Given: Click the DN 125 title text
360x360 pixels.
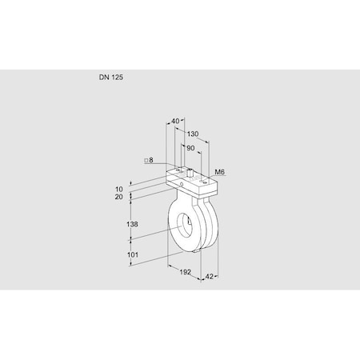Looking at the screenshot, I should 110,79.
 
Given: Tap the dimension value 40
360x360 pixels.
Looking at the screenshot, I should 175,122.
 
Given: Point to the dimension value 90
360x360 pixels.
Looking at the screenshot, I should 190,149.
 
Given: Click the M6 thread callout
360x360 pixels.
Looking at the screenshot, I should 220,172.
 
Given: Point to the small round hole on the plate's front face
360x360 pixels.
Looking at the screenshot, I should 182,183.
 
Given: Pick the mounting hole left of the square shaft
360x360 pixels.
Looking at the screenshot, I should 179,169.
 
